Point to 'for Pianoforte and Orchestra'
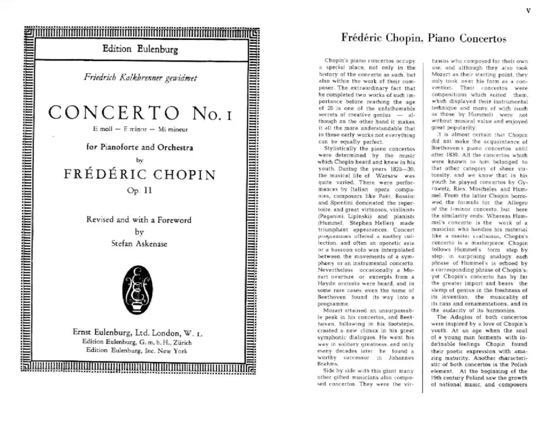(x=132, y=146)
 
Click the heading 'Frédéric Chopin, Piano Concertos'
(x=421, y=39)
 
